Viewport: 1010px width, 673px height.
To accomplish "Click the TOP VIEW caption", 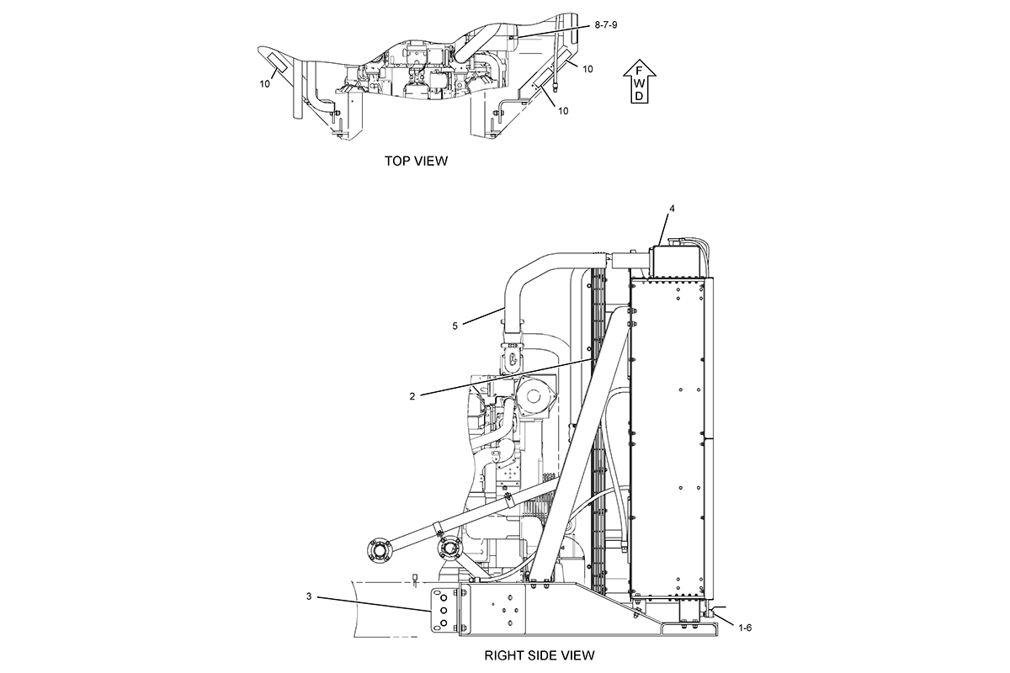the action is tap(416, 161).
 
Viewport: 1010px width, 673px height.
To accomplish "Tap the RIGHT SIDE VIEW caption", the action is tap(540, 655).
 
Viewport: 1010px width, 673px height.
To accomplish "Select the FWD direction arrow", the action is tap(640, 81).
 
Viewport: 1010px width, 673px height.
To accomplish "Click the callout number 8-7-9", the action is tap(605, 24).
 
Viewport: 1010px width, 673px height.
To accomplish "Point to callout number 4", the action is tap(672, 209).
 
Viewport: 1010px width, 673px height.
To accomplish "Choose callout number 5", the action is tap(455, 326).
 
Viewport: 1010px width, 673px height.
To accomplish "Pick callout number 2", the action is tap(412, 397).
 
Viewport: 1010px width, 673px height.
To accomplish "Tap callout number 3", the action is tap(309, 596).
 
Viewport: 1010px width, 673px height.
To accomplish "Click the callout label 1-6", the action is tap(745, 628).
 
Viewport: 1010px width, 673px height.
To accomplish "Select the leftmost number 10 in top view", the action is tap(264, 84).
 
